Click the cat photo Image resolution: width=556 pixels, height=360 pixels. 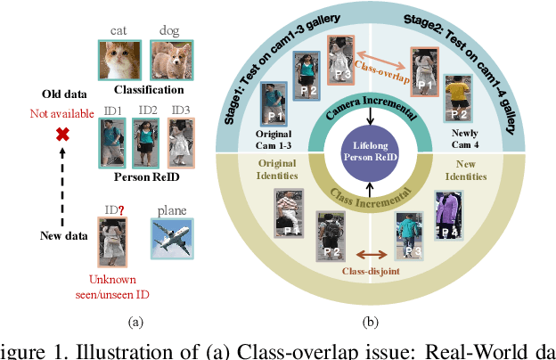(x=118, y=60)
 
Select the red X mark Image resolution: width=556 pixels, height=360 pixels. (x=63, y=135)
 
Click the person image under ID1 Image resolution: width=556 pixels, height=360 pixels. (x=111, y=143)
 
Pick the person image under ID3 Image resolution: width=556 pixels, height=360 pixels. (x=181, y=143)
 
